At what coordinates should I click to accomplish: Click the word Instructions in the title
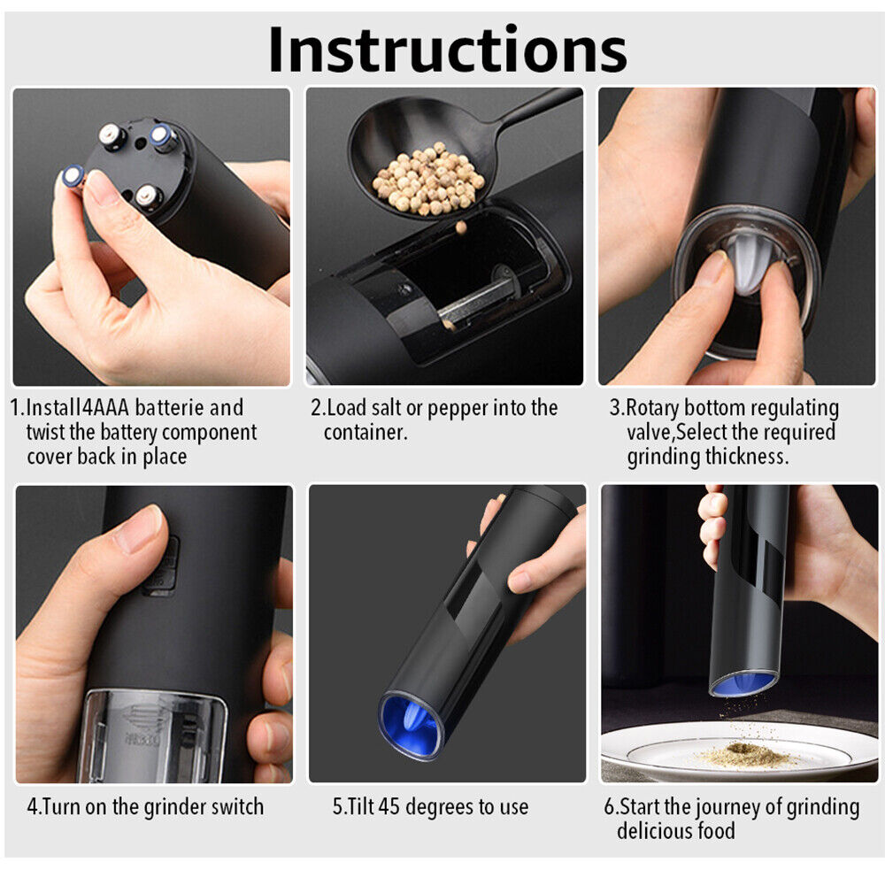tap(448, 50)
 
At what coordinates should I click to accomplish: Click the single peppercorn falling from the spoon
tap(461, 227)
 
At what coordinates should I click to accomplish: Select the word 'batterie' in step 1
tap(169, 407)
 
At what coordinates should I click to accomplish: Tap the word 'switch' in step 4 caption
tap(237, 806)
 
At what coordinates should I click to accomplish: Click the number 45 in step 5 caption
tap(389, 806)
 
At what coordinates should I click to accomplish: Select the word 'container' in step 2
tap(365, 433)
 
